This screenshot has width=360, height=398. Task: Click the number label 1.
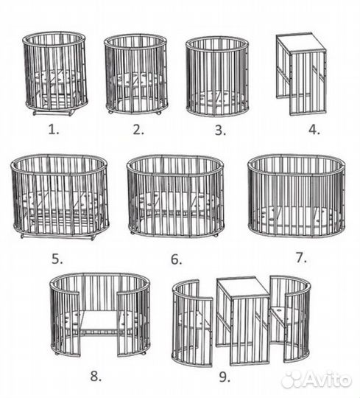pyautogui.click(x=54, y=130)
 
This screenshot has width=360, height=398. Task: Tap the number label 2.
pyautogui.click(x=138, y=130)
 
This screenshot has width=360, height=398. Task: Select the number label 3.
pyautogui.click(x=220, y=130)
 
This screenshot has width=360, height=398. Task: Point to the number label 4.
pyautogui.click(x=314, y=130)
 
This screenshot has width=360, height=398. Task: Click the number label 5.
pyautogui.click(x=57, y=259)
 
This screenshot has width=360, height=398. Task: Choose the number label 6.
pyautogui.click(x=176, y=259)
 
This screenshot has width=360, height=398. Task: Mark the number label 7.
pyautogui.click(x=301, y=258)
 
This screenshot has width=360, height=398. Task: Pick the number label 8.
pyautogui.click(x=96, y=377)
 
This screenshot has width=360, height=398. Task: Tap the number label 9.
pyautogui.click(x=225, y=377)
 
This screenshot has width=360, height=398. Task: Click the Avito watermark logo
pyautogui.click(x=317, y=380)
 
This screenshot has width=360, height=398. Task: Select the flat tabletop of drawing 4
pyautogui.click(x=301, y=43)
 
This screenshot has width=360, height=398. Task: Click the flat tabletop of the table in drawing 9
pyautogui.click(x=243, y=287)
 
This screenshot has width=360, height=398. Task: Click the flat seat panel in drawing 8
pyautogui.click(x=99, y=321)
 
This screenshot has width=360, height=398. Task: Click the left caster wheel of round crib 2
pyautogui.click(x=110, y=112)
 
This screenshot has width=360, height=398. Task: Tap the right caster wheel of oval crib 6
pyautogui.click(x=216, y=236)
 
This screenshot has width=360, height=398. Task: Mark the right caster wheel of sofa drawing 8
pyautogui.click(x=144, y=353)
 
